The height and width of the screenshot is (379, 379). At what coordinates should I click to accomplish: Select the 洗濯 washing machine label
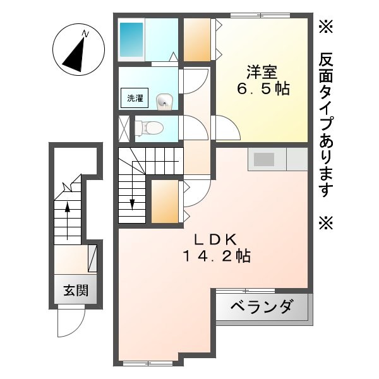pyautogui.click(x=135, y=98)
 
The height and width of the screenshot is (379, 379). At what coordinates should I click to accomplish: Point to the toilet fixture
pyautogui.click(x=148, y=128)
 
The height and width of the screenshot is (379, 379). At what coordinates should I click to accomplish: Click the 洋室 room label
pyautogui.click(x=263, y=71)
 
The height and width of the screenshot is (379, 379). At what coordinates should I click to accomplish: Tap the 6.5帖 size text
pyautogui.click(x=263, y=89)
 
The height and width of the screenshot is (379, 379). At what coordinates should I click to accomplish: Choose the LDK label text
pyautogui.click(x=215, y=239)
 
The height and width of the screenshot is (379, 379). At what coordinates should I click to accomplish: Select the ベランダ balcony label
pyautogui.click(x=262, y=308)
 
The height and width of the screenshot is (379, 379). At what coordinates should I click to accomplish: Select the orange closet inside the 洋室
pyautogui.click(x=198, y=39)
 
